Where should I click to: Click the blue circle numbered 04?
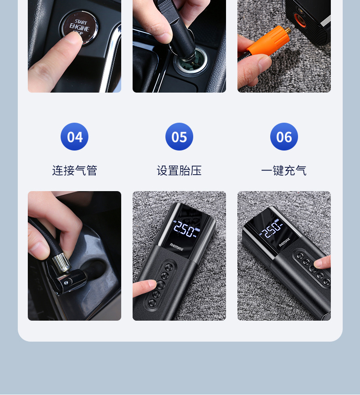point(75,136)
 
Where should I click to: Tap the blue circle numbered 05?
point(179,136)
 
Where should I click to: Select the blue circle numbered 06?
point(284,136)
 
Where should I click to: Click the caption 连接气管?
point(75,171)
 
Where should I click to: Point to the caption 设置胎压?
point(179,171)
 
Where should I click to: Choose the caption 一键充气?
point(284,171)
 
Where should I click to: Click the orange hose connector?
point(267,42)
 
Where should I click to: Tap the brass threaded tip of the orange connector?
point(288,31)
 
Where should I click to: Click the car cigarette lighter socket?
point(191,61)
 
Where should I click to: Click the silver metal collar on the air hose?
point(61,263)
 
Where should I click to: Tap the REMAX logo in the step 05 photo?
point(176,247)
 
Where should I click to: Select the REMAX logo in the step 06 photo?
point(284,243)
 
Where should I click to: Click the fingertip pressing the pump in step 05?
point(150,285)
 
